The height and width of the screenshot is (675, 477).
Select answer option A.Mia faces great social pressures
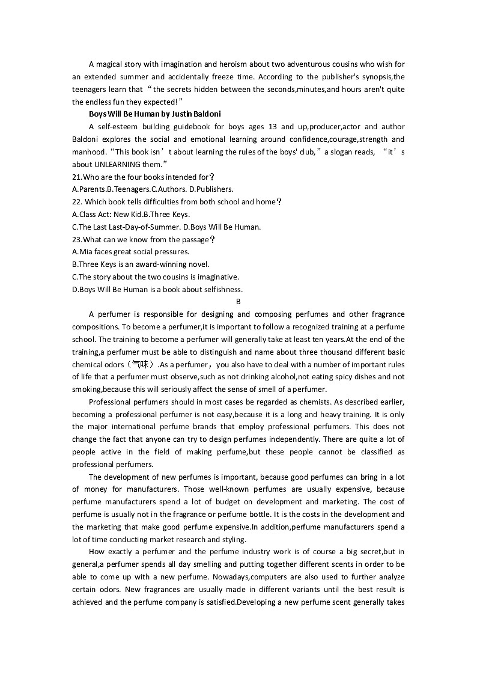130,252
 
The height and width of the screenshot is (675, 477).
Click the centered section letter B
239,302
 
